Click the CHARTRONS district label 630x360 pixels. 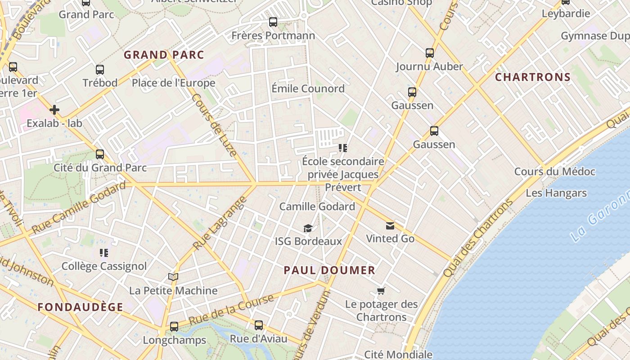[x=533, y=77]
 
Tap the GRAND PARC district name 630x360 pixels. [x=164, y=55]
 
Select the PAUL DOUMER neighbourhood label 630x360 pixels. [x=329, y=270]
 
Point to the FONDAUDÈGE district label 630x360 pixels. [x=80, y=307]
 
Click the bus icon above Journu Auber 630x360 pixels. [x=430, y=53]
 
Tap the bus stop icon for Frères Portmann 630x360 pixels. [x=273, y=22]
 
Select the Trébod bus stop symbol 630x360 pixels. [x=100, y=70]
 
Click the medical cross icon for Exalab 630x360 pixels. [x=54, y=110]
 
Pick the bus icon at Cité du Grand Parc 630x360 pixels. [x=100, y=154]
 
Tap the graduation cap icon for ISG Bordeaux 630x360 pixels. [x=308, y=229]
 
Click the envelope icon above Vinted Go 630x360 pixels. [x=390, y=226]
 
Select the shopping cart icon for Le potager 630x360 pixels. [x=381, y=291]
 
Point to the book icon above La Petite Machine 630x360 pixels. [x=173, y=277]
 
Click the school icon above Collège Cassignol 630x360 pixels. [x=104, y=253]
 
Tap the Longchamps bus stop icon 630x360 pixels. [x=174, y=327]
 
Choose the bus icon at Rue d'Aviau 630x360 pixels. [x=258, y=325]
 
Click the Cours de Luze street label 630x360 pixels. [x=214, y=125]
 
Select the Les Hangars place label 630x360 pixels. [x=556, y=193]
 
